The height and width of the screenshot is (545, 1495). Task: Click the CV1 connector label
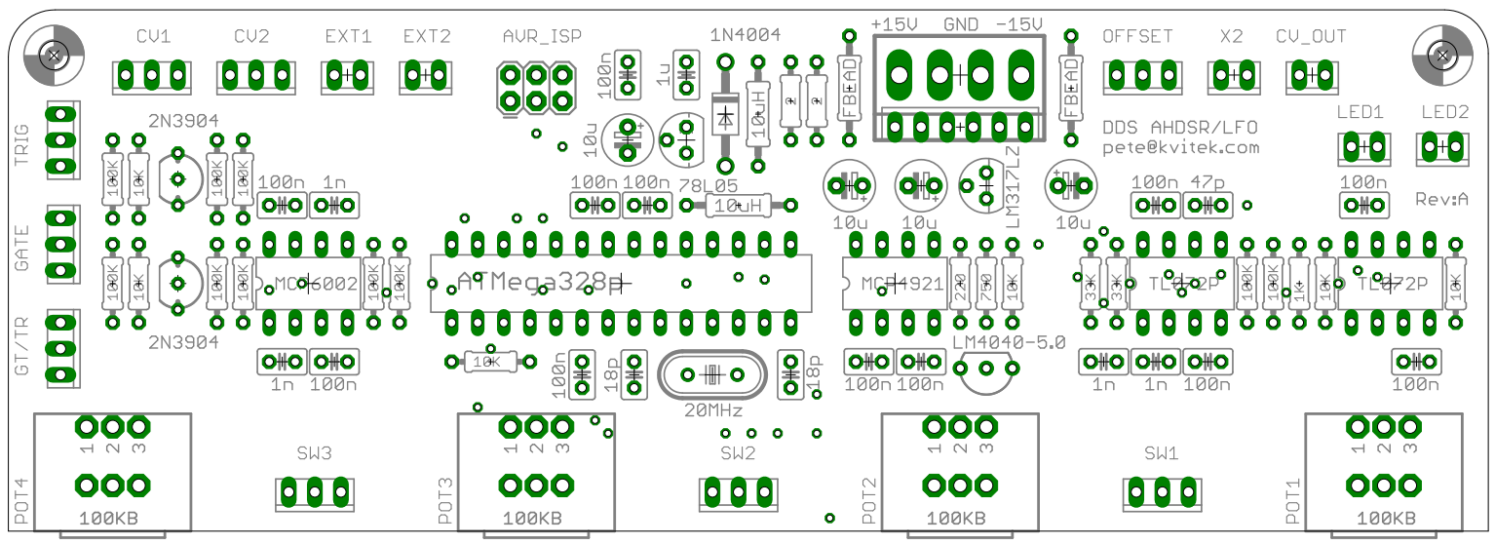(153, 37)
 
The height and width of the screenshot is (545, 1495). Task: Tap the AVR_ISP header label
(542, 37)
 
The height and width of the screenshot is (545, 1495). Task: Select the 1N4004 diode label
(746, 35)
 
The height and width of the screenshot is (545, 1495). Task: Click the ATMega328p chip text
(542, 282)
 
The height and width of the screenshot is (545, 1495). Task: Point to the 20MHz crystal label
(714, 409)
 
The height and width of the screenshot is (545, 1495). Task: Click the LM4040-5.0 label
(1010, 342)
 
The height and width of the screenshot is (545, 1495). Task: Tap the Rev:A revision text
(1442, 199)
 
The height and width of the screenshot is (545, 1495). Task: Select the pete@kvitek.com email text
(1180, 148)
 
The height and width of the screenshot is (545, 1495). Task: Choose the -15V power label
(1018, 23)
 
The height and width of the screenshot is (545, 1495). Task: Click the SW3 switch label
(315, 453)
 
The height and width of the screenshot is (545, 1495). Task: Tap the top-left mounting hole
(54, 52)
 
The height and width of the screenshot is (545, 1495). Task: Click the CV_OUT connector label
(1311, 37)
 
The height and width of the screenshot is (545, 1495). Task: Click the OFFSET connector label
(1137, 37)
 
